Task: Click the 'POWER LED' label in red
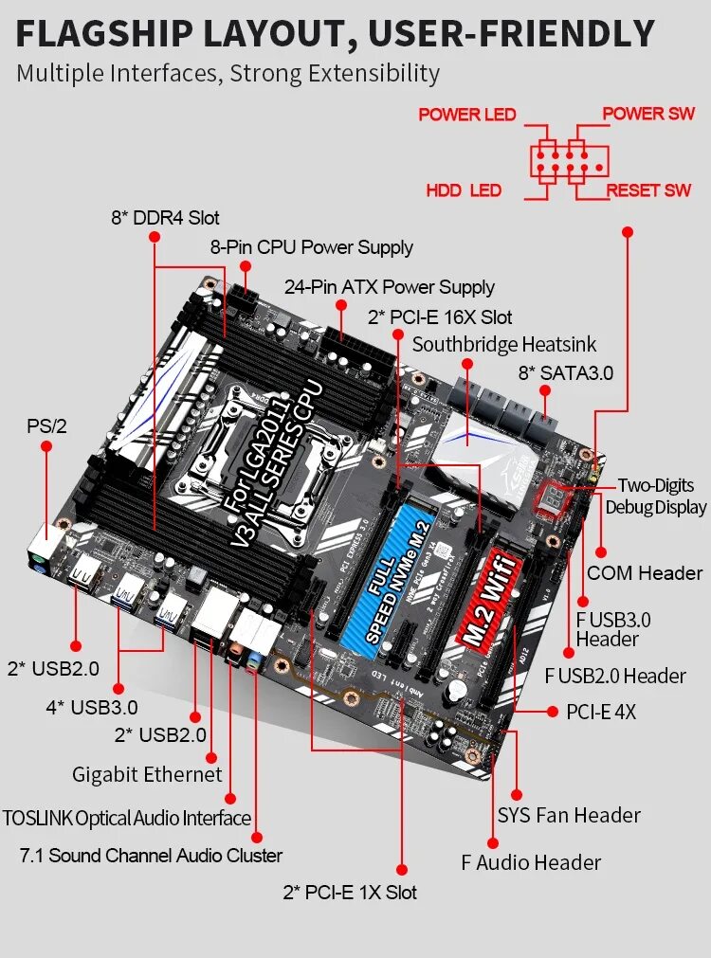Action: (x=466, y=115)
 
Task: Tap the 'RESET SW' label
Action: (x=648, y=190)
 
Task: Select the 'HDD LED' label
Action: (x=463, y=190)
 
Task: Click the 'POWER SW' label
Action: (x=648, y=114)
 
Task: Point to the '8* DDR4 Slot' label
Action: (x=165, y=217)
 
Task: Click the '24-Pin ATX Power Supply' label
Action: (x=390, y=286)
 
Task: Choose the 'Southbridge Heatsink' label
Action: (x=504, y=344)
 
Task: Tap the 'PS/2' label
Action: (x=46, y=426)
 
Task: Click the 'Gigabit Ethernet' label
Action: (x=147, y=774)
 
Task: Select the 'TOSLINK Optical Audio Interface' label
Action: (x=127, y=818)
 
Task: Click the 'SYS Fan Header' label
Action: (x=569, y=815)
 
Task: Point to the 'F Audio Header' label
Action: (x=531, y=862)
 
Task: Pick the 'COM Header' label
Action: (x=645, y=572)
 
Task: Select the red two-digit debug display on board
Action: (x=552, y=498)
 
